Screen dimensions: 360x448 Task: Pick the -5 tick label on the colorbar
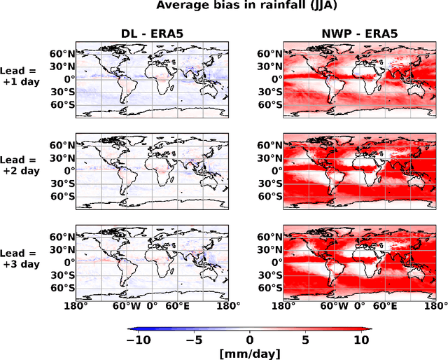point(195,339)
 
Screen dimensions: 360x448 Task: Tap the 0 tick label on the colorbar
point(250,339)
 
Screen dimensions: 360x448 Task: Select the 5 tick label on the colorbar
point(305,339)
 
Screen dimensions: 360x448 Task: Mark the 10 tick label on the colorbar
point(360,339)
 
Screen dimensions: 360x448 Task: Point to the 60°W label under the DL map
point(126,305)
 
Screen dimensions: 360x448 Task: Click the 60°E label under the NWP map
point(384,305)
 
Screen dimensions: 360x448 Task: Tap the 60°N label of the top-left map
point(62,54)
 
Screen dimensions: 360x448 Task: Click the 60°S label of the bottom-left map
point(62,287)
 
